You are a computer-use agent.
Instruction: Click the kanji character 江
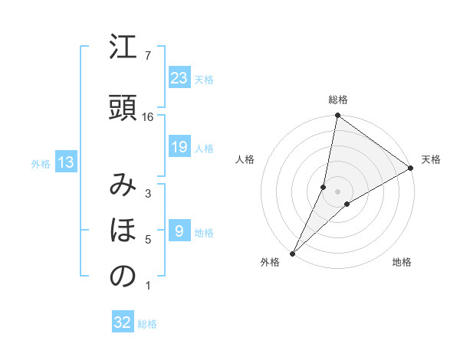123,48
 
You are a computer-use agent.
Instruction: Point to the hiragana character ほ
123,230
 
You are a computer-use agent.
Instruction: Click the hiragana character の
123,277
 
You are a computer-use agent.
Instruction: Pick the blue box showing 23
179,77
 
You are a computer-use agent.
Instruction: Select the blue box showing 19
179,147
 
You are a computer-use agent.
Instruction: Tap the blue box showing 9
179,231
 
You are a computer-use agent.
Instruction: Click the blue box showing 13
65,162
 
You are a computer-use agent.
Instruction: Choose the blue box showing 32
123,322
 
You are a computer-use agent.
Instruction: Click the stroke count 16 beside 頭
148,116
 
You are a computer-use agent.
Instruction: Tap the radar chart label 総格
338,100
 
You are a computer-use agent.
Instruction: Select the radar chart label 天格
431,159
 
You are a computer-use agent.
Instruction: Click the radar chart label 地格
402,263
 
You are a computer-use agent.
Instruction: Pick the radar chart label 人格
245,159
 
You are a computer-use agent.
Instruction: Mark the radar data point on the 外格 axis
292,253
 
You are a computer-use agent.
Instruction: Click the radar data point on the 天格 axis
411,169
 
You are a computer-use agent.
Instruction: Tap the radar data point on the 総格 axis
337,116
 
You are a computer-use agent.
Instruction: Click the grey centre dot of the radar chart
337,191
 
